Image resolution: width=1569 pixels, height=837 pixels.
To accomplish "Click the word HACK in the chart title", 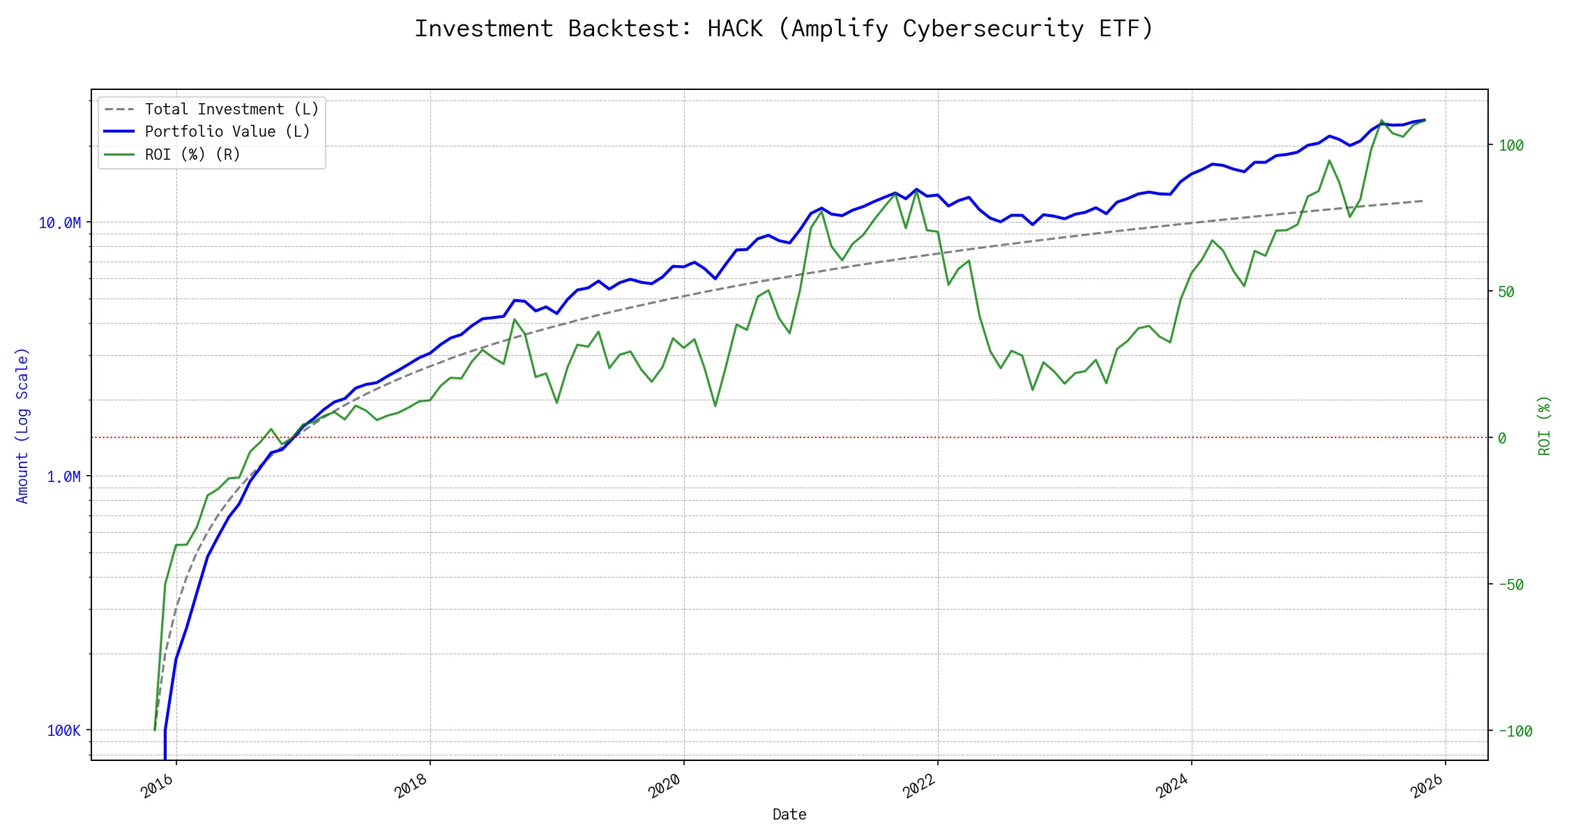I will click(x=735, y=29).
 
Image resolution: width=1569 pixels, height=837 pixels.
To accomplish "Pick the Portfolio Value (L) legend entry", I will click(x=227, y=132).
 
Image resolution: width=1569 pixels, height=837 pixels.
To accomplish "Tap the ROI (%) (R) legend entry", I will click(x=192, y=155).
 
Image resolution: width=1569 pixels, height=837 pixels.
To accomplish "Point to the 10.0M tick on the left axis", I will click(x=59, y=223).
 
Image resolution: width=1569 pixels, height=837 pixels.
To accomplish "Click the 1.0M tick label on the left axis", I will click(x=63, y=477).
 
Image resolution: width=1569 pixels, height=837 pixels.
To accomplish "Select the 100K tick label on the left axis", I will click(x=63, y=731).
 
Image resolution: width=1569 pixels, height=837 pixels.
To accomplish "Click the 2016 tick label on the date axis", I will click(x=158, y=786).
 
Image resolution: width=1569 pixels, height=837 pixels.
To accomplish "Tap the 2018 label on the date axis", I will click(x=411, y=786).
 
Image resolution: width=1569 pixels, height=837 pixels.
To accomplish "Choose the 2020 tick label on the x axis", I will click(x=665, y=786).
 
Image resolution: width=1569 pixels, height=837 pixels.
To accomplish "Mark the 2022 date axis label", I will click(x=919, y=786).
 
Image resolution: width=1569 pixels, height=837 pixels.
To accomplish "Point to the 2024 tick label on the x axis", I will click(x=1173, y=786).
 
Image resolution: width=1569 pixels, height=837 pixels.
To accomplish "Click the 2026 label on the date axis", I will click(x=1427, y=786).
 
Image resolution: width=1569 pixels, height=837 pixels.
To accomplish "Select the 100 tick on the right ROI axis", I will click(x=1511, y=146).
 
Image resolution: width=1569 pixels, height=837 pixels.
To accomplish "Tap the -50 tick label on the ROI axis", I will click(x=1511, y=585).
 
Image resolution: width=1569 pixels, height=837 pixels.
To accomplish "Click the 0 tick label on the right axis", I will click(x=1502, y=439).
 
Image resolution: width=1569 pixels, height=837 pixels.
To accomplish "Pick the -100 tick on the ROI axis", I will click(x=1515, y=732).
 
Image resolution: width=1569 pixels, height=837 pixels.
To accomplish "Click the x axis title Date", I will click(x=789, y=815).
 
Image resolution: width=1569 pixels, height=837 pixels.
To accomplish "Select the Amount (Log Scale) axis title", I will click(x=22, y=425).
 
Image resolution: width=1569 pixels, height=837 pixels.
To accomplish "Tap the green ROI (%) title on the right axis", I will click(x=1545, y=425).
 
